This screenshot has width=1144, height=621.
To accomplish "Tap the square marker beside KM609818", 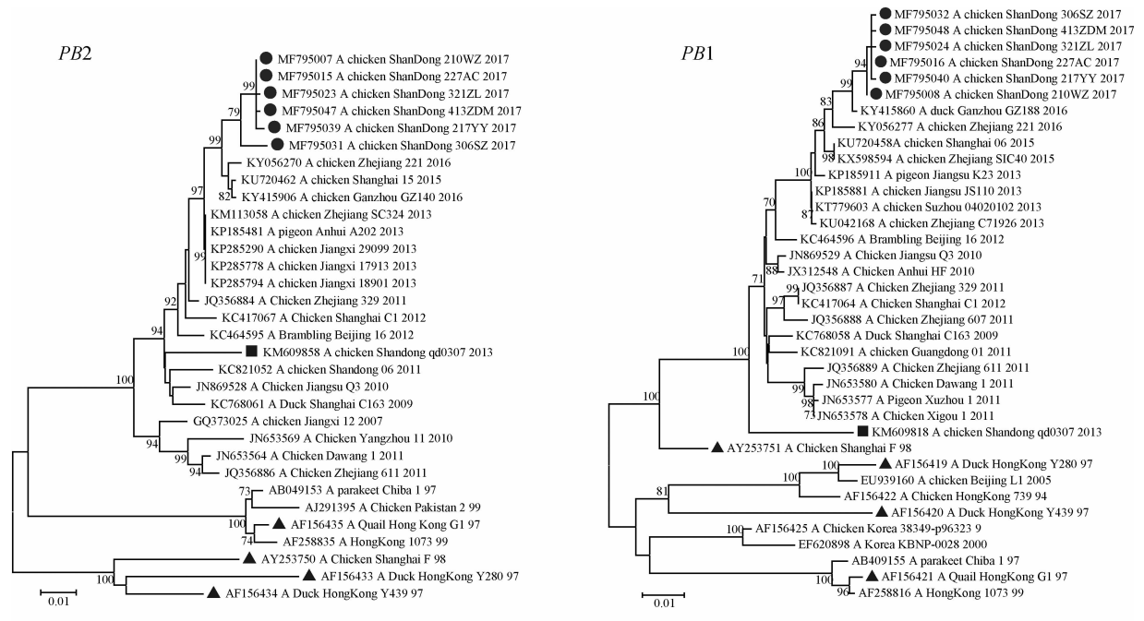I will click(x=861, y=431).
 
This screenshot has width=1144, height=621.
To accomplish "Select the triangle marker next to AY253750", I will click(x=248, y=559).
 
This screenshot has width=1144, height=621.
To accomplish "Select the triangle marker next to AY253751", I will click(x=716, y=448).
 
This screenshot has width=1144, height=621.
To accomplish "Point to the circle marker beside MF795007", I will click(x=266, y=57).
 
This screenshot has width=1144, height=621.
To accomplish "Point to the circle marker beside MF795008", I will click(x=874, y=93).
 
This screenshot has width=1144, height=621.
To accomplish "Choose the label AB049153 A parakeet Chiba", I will click(x=329, y=490).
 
